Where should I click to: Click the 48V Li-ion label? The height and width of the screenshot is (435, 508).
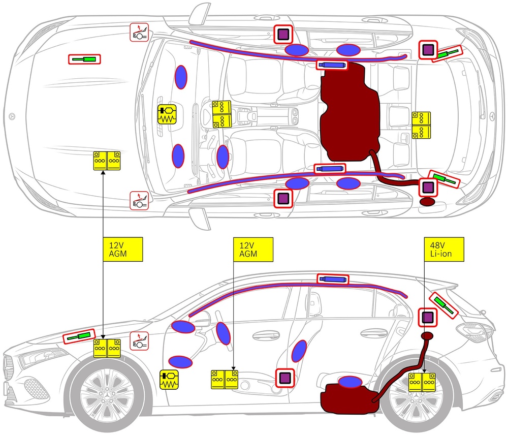pyautogui.click(x=444, y=250)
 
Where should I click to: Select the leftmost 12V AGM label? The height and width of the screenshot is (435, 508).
pyautogui.click(x=122, y=250)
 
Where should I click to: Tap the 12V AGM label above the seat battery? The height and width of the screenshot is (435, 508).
pyautogui.click(x=253, y=250)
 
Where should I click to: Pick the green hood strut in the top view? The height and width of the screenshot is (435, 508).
pyautogui.click(x=84, y=59)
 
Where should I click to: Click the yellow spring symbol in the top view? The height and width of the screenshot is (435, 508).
pyautogui.click(x=167, y=114)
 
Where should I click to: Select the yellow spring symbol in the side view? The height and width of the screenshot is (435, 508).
pyautogui.click(x=169, y=380)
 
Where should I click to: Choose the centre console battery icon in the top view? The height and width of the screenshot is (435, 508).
pyautogui.click(x=221, y=114)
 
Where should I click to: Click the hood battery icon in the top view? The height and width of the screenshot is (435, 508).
pyautogui.click(x=107, y=161)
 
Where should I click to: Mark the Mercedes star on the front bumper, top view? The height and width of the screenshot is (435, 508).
pyautogui.click(x=12, y=116)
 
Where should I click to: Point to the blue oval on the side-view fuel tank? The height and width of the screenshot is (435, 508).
pyautogui.click(x=350, y=382)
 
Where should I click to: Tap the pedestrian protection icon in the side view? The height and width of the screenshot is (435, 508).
pyautogui.click(x=139, y=341)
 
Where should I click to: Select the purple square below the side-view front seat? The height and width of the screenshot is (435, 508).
pyautogui.click(x=285, y=378)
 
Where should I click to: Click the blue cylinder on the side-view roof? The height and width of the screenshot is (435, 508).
pyautogui.click(x=333, y=279)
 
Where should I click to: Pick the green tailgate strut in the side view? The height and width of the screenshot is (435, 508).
pyautogui.click(x=443, y=305)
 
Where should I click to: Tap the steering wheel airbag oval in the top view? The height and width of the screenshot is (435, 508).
pyautogui.click(x=223, y=156)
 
